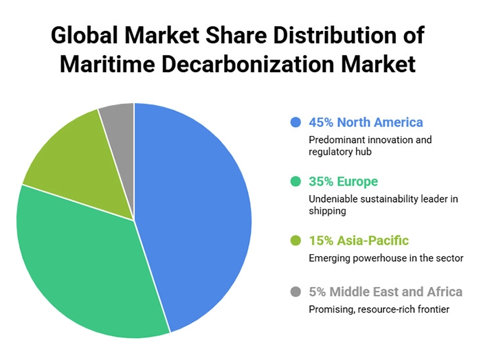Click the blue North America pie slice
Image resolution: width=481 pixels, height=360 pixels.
pos(196,206)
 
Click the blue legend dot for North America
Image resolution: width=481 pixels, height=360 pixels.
pos(295,122)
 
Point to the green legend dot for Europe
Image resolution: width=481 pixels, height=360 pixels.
pos(295,181)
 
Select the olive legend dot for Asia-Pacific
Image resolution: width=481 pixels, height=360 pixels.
pos(295,240)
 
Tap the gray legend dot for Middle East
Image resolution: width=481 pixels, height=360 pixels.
pos(295,292)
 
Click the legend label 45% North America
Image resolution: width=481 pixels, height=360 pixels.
pos(366,122)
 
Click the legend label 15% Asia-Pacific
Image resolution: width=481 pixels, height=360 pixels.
pos(359,240)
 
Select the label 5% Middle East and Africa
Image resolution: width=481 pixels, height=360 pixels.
pos(385,292)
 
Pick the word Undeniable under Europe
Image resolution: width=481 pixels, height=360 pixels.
pos(333,199)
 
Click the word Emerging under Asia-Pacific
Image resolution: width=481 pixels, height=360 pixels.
pos(330,258)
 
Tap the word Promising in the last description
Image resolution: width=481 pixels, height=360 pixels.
pos(331,310)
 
